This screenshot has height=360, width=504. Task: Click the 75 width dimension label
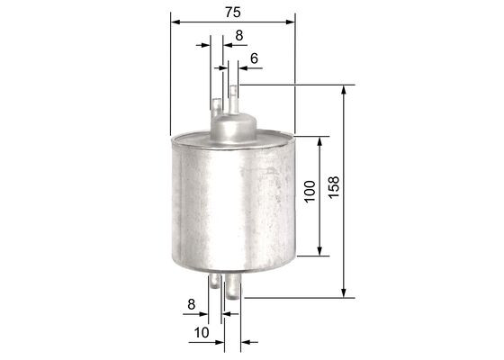click(x=231, y=12)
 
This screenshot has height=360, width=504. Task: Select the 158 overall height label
click(x=334, y=191)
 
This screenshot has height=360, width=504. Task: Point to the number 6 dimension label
click(x=255, y=58)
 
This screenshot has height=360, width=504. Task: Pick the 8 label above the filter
click(x=238, y=35)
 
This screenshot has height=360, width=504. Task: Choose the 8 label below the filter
click(x=191, y=306)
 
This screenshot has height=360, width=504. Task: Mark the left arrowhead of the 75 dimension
click(x=174, y=21)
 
